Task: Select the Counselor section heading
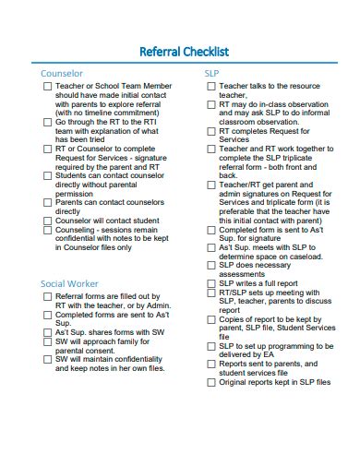62,73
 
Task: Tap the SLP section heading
211,73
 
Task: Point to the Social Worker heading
69,283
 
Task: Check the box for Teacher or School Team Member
47,86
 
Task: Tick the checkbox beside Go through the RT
47,122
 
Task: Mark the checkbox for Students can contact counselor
47,174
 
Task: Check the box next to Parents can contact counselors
47,201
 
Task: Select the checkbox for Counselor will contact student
47,221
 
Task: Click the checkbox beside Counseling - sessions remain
47,231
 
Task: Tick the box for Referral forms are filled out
47,297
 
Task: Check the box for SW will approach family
47,341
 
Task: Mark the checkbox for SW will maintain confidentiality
47,359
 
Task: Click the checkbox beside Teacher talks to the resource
210,86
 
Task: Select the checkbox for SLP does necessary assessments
210,264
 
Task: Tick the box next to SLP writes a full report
210,282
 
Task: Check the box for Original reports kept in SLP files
210,381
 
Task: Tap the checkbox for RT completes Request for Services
210,131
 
